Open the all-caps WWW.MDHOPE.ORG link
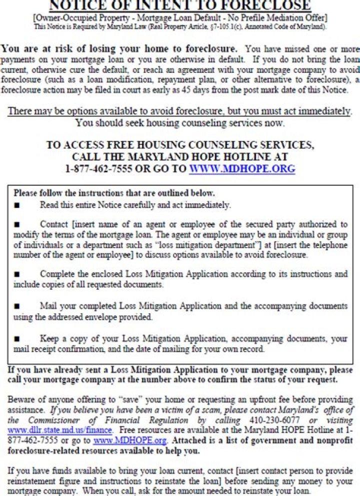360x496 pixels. click(242, 169)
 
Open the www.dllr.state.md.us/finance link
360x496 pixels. click(60, 429)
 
